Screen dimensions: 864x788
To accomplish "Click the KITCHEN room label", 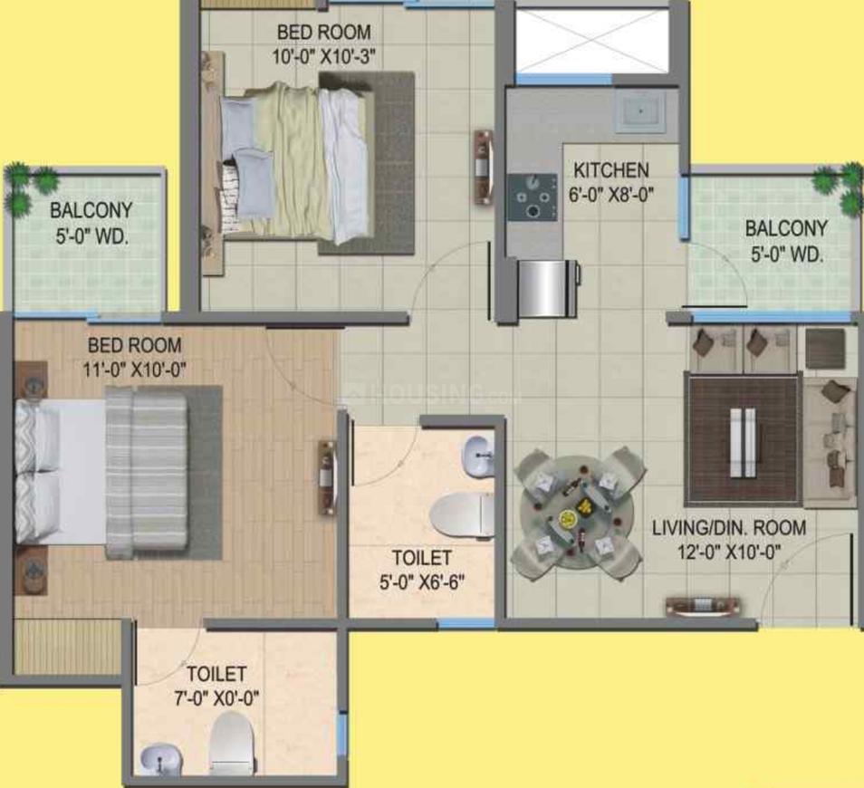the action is (x=611, y=170).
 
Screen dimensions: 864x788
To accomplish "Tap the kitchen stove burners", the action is (x=533, y=197).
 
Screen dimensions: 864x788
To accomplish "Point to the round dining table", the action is (x=576, y=514).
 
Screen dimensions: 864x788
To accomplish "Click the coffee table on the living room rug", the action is (x=744, y=443).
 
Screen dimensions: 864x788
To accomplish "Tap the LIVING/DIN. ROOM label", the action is (x=729, y=527).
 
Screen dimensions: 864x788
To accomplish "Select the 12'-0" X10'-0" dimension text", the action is (x=729, y=552).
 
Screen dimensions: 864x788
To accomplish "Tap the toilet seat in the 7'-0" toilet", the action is (x=233, y=744).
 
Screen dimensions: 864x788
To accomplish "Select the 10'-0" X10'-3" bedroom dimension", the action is (x=324, y=56).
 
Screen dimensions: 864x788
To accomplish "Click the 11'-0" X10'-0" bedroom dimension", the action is (x=134, y=370).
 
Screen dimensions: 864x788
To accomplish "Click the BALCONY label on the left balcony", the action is (x=91, y=210).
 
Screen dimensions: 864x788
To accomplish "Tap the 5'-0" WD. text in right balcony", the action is (x=787, y=255).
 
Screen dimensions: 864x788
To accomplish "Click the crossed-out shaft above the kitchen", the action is (x=591, y=40).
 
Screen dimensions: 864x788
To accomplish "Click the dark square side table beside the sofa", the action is (x=825, y=349).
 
